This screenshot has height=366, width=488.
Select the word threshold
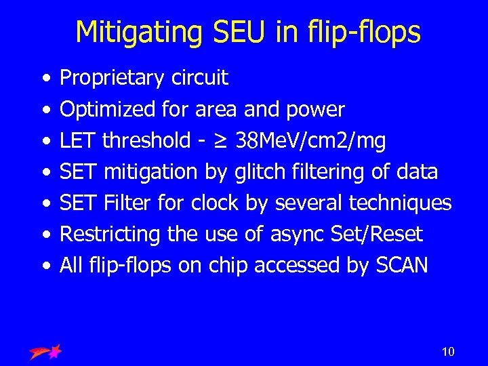coord(146,141)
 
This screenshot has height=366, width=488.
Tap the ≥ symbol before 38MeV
coord(220,141)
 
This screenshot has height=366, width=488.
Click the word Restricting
coord(110,235)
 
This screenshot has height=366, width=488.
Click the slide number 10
coord(447,351)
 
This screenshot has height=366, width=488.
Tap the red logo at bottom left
coord(45,351)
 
